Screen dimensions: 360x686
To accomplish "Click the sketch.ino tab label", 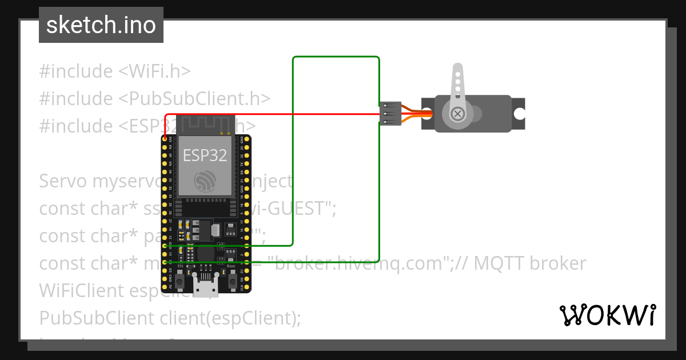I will pos(101,25).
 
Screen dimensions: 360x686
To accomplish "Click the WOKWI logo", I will pos(607,315).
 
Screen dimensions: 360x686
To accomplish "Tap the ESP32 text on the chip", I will pos(205,155).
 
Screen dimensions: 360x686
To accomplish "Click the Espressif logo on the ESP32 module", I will pos(205,181).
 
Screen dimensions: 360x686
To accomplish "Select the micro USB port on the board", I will pos(205,287).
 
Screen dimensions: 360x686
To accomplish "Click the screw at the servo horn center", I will pos(457,113).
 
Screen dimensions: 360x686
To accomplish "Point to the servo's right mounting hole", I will pos(519,113).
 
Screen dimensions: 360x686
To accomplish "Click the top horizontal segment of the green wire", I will pos(336,57).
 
